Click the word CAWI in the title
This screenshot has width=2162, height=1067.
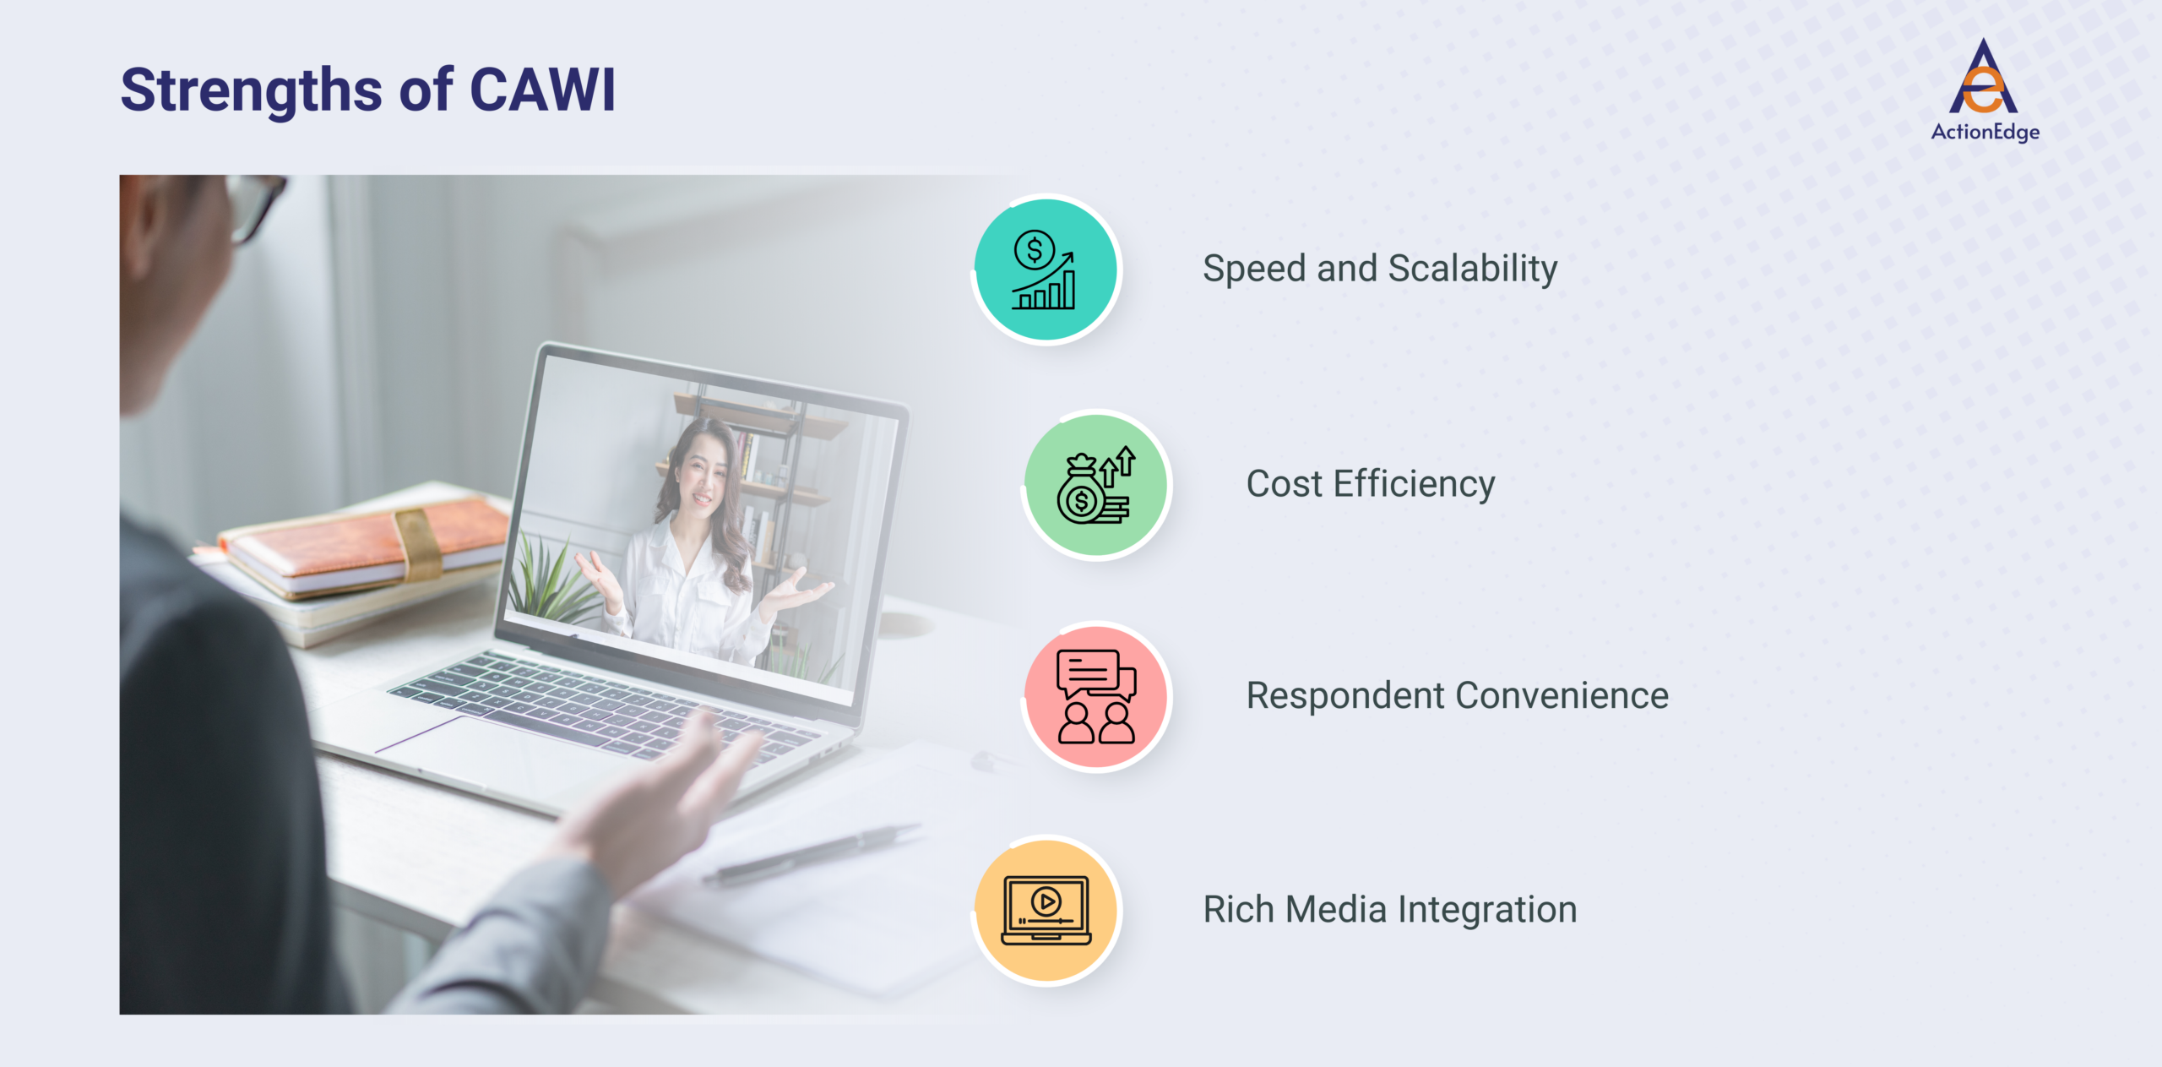click(x=541, y=90)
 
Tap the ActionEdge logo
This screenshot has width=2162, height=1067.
click(x=1985, y=90)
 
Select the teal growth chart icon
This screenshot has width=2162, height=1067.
click(x=1046, y=270)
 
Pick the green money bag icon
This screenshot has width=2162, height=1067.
click(x=1096, y=486)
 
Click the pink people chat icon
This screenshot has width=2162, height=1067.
click(x=1096, y=697)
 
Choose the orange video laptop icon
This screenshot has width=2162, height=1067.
click(x=1046, y=911)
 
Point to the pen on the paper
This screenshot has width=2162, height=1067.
click(x=811, y=853)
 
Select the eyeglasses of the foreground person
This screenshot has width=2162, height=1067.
click(x=253, y=203)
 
